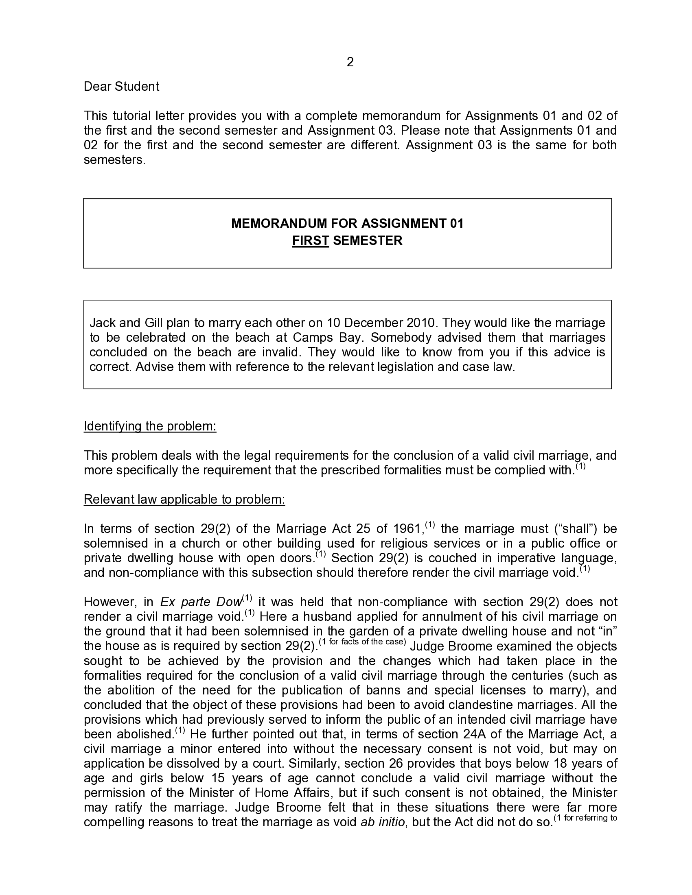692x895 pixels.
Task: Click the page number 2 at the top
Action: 350,62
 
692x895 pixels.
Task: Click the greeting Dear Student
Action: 121,87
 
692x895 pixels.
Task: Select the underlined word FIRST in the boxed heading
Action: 310,240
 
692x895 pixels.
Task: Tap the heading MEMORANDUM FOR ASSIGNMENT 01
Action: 347,223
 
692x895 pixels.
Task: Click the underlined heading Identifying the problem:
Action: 150,426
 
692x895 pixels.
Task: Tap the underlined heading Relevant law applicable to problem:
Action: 184,500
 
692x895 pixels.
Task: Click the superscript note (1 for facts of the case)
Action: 362,642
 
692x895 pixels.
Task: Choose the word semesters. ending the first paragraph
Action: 114,160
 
